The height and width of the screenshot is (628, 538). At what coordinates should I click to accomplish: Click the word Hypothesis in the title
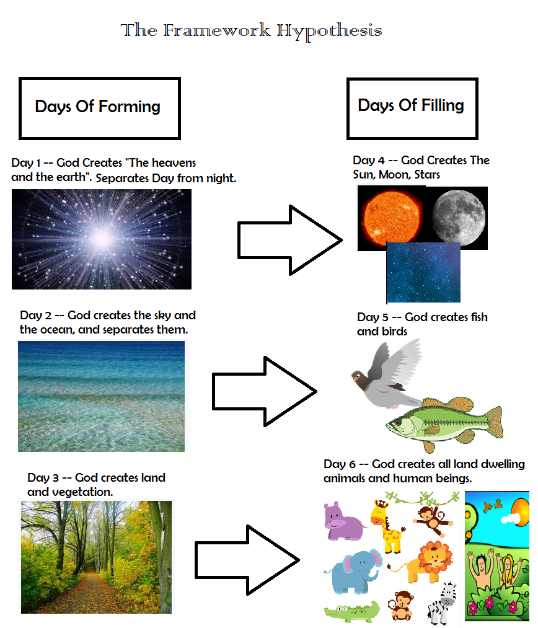coord(329,31)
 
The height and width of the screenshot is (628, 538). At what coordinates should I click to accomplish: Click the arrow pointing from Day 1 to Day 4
coord(290,241)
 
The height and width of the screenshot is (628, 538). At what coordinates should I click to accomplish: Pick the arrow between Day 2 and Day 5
coord(265,391)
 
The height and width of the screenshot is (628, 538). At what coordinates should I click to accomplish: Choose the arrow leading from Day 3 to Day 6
coord(247,560)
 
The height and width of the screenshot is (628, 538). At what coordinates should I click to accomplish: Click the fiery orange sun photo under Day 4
coord(392,218)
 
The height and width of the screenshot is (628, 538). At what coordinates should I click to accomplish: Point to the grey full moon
coord(459,218)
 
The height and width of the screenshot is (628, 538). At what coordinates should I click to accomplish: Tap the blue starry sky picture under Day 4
coord(423,272)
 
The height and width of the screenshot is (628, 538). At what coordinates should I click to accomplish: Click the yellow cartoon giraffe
coord(387,526)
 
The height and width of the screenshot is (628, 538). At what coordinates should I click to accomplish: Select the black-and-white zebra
coord(442,603)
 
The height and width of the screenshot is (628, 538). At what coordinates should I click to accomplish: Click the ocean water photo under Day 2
coord(101,396)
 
